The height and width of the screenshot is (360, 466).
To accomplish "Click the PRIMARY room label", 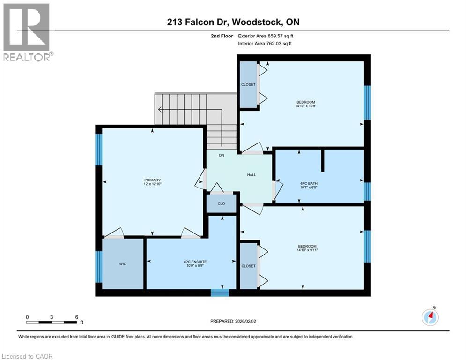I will (x=152, y=180).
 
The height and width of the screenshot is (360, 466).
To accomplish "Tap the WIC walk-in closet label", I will (x=123, y=264).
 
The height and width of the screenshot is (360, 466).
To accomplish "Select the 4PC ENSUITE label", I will (x=192, y=262).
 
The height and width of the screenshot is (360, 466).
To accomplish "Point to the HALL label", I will (x=251, y=175).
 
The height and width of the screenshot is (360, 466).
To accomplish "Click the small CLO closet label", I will (x=222, y=204).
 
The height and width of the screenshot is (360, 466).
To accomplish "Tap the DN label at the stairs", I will (x=222, y=156).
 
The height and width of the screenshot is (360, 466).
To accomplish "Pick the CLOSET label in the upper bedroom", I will (x=248, y=85).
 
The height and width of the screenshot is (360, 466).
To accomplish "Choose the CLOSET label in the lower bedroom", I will (x=248, y=266).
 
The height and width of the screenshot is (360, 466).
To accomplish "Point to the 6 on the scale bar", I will (x=76, y=317).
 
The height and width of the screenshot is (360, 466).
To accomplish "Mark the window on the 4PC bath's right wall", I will (x=368, y=191).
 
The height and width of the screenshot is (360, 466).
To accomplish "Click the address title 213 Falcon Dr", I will (x=233, y=21).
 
